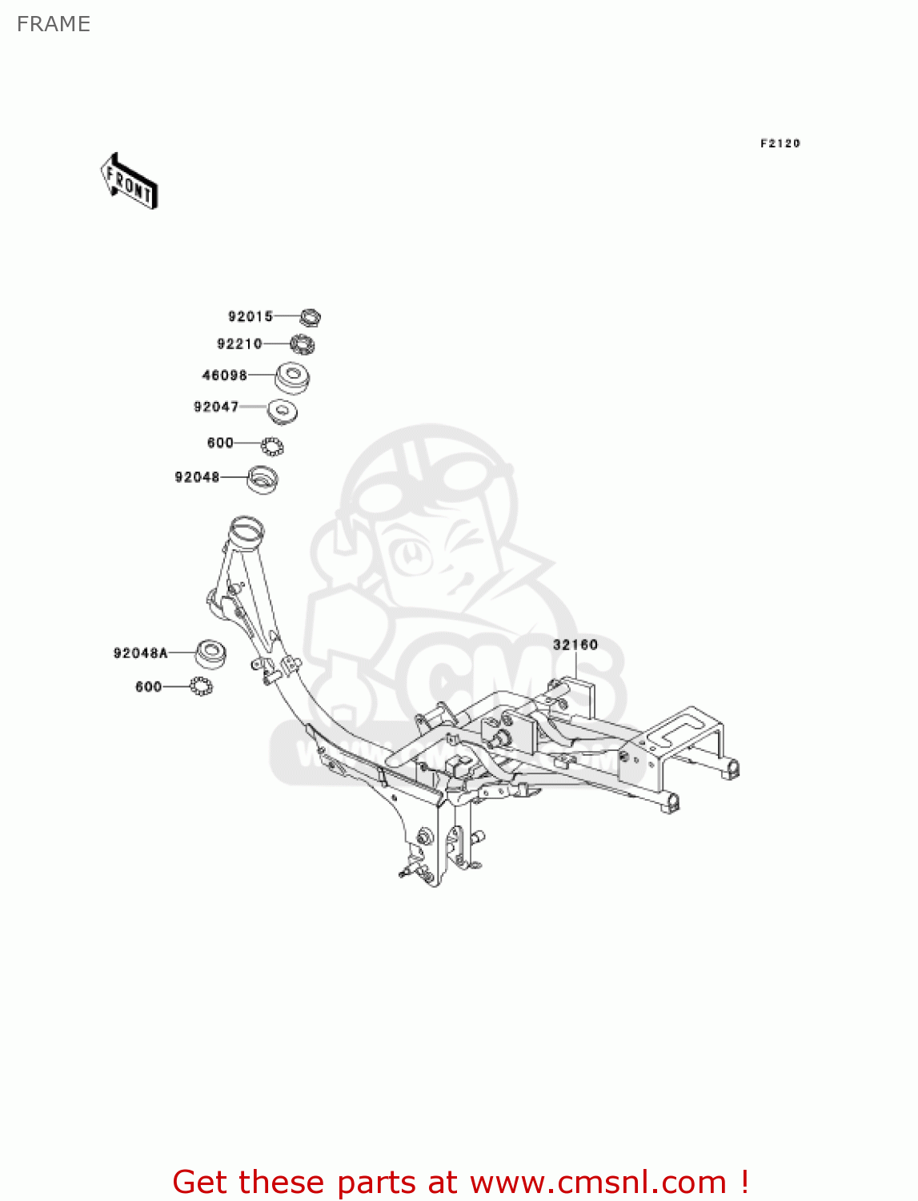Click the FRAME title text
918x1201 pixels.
[x=54, y=24]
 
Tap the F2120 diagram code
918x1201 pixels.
[x=780, y=143]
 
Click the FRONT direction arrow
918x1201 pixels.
[x=129, y=182]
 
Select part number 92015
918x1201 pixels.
[x=251, y=316]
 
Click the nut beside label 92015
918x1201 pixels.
[x=311, y=317]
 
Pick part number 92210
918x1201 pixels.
[x=239, y=343]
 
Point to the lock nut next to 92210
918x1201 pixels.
[x=303, y=345]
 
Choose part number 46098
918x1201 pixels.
[x=224, y=375]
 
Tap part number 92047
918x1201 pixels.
[x=216, y=407]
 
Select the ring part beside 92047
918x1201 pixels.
[x=283, y=412]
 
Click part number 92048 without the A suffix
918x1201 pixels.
[x=197, y=477]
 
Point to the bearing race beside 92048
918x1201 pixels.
[x=262, y=479]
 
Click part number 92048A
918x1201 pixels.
[x=141, y=653]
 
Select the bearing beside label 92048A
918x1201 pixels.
[x=210, y=654]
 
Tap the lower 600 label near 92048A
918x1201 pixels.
[x=148, y=687]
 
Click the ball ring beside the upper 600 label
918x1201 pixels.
[x=272, y=445]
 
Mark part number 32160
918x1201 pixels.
[x=575, y=645]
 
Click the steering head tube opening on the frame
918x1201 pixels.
[x=246, y=528]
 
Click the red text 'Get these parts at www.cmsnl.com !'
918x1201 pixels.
[x=460, y=1182]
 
